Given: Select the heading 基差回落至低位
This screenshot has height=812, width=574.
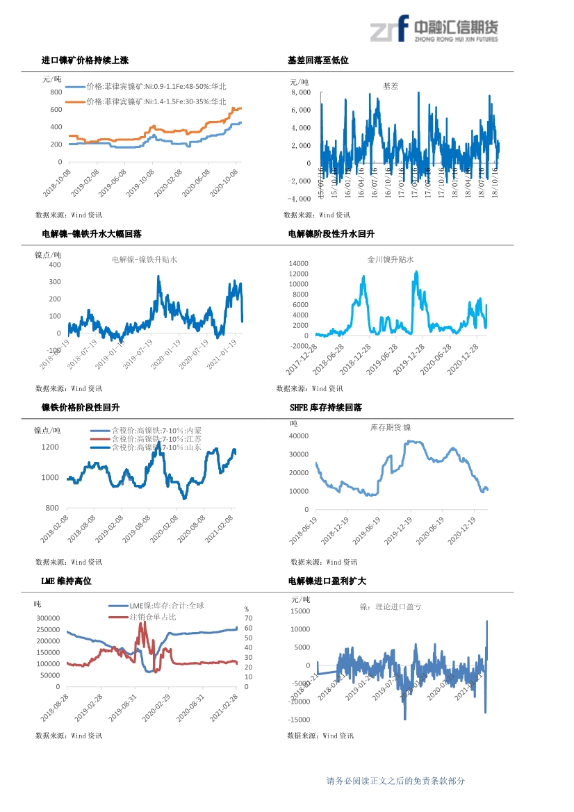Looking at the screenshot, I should pyautogui.click(x=318, y=61).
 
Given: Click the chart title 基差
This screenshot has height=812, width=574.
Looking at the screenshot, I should pyautogui.click(x=391, y=86).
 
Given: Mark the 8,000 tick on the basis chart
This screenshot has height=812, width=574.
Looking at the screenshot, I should pyautogui.click(x=301, y=92).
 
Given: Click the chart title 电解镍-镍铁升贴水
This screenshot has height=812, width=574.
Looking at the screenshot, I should pyautogui.click(x=145, y=260).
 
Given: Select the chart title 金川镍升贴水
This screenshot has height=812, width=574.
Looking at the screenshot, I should pyautogui.click(x=391, y=260).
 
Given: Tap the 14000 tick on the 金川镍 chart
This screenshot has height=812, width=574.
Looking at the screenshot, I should pyautogui.click(x=297, y=264).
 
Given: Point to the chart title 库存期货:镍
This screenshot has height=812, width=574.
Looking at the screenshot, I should pyautogui.click(x=391, y=427).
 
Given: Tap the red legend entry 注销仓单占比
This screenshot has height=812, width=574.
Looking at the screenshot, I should pyautogui.click(x=153, y=617).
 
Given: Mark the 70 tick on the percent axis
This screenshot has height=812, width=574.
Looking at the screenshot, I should pyautogui.click(x=247, y=618).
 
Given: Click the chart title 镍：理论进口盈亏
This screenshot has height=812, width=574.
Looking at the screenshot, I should pyautogui.click(x=391, y=606).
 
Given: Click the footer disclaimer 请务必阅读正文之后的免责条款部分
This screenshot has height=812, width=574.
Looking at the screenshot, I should pyautogui.click(x=395, y=781).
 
